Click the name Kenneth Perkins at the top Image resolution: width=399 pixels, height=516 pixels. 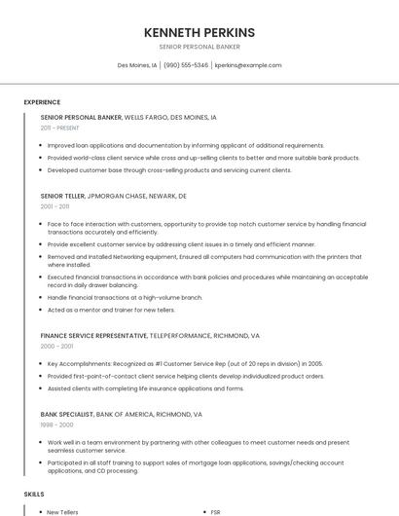(x=199, y=32)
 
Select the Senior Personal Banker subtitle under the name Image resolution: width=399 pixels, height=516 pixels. (x=199, y=47)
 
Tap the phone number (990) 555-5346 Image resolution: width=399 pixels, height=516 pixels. (x=186, y=65)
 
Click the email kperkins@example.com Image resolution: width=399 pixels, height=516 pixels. (x=248, y=65)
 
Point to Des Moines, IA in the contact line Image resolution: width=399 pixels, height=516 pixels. (x=137, y=65)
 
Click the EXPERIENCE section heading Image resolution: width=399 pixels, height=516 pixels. (x=42, y=102)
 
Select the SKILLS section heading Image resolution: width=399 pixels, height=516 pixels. (x=35, y=495)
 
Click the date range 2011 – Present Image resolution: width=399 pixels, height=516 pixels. (x=60, y=128)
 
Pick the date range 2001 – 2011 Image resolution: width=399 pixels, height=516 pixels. (x=54, y=206)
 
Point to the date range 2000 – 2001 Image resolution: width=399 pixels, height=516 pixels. (x=55, y=346)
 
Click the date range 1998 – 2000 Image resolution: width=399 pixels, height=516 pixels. (x=55, y=424)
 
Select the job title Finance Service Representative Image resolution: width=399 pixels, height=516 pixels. (x=93, y=335)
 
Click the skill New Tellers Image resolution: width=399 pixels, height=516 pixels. (x=63, y=511)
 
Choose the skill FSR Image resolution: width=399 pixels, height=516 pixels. (x=216, y=511)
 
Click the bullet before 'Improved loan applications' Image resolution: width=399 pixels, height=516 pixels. (x=42, y=145)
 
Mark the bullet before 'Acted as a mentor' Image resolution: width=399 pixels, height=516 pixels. (x=42, y=310)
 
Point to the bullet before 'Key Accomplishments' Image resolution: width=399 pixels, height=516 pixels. (x=42, y=364)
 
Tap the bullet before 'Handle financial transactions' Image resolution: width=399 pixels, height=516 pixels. (x=42, y=297)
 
